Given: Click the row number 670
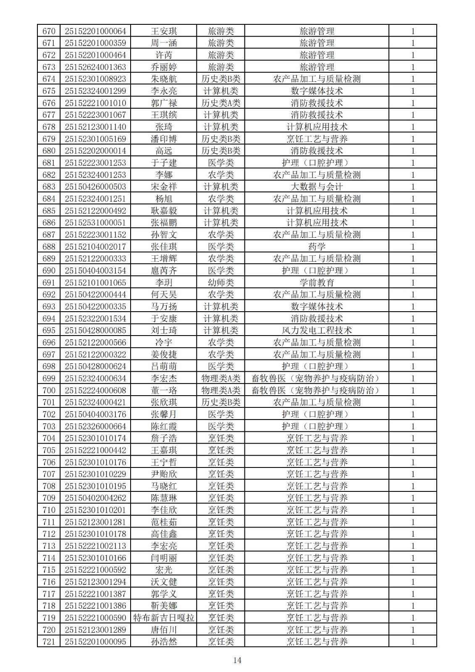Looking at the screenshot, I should point(49,31).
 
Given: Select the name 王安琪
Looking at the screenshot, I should point(164,31).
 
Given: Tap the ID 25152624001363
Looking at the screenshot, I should point(95,67).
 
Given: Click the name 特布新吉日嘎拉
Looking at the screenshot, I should point(164,618).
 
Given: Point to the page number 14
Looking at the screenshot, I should point(237,660).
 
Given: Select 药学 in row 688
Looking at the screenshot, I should point(317,247).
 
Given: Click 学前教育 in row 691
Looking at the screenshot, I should point(317,283).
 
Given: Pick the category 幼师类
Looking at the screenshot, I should point(221,283).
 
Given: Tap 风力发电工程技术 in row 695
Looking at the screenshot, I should point(317,331).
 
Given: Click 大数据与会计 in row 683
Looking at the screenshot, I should point(317,187).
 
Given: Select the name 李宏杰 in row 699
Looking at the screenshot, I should point(164,378).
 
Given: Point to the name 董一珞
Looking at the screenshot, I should point(164,390).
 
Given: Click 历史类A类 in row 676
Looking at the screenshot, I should point(221,103).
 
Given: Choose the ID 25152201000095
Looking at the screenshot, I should point(95,642).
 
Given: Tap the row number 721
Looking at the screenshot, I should point(49,642).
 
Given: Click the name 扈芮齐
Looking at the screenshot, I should point(164,270).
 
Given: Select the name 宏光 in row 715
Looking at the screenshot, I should point(164,570).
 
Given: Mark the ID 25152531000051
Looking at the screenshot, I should point(95,223).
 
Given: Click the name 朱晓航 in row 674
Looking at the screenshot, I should point(164,79).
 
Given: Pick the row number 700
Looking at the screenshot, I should point(49,390).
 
